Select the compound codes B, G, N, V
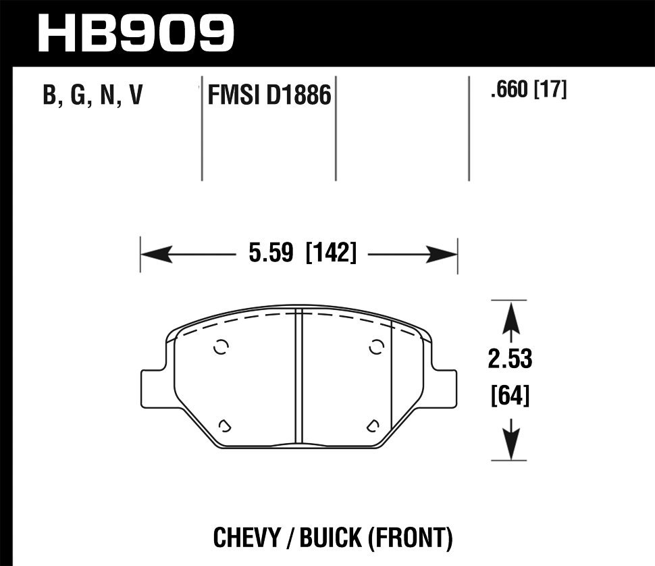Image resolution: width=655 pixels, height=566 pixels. click(x=93, y=96)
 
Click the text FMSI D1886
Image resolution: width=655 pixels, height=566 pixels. click(x=269, y=96)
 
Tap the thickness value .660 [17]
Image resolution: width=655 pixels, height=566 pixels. click(x=529, y=91)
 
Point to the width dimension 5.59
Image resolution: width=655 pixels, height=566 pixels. click(x=270, y=255)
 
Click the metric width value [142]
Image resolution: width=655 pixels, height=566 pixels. click(x=331, y=255)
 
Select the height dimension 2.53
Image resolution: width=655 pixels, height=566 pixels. click(x=510, y=359)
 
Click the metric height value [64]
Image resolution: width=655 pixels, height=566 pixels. click(x=510, y=394)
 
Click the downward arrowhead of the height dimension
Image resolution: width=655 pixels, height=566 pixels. click(x=511, y=446)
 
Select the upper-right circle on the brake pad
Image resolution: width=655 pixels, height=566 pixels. click(x=377, y=347)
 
